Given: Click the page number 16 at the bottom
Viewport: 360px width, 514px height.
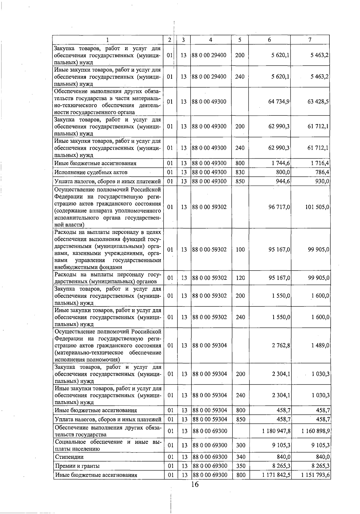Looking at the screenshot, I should click(195, 484).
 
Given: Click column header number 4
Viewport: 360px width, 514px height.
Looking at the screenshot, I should click(211, 40).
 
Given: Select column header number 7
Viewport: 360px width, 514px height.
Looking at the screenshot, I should click(310, 40).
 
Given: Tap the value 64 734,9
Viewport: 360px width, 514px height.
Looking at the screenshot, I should click(279, 102).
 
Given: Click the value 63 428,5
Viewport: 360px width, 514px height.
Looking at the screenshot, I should click(318, 102).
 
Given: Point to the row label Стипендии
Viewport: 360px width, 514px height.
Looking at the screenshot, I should click(69, 457).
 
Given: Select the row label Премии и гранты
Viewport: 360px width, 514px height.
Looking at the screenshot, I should click(77, 466).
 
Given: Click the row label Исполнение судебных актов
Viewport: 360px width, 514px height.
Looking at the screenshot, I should click(91, 172).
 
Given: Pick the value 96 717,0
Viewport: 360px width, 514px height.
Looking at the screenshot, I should click(279, 207).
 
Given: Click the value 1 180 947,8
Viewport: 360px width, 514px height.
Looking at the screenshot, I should click(276, 431).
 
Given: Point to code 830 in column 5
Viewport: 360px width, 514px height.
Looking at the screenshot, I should click(240, 172).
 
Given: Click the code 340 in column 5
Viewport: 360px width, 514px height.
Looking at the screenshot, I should click(241, 457).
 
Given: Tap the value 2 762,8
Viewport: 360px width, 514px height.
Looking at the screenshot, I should click(281, 345).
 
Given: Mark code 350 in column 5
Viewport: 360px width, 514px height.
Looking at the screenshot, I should click(241, 466).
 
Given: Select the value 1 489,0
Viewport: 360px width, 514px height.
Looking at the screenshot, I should click(320, 345).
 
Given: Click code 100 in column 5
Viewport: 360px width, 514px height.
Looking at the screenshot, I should click(240, 250).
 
